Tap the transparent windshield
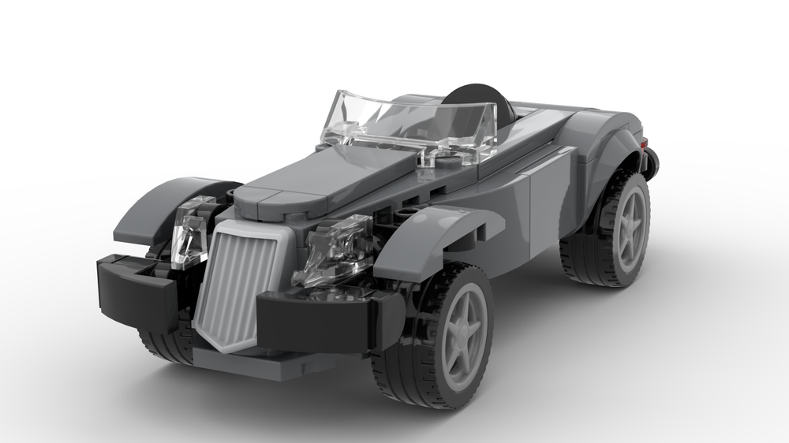(410, 122)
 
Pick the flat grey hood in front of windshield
(331, 173)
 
